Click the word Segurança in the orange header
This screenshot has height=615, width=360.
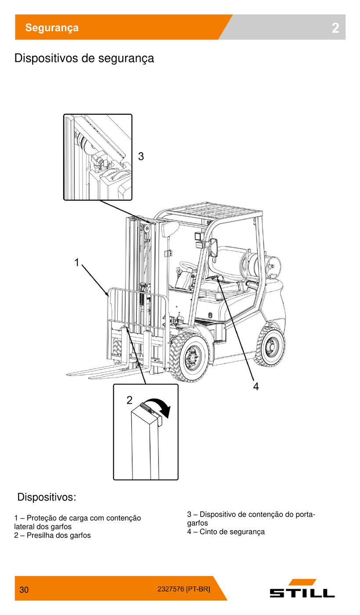[x=52, y=28]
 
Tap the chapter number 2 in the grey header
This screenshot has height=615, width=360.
[x=335, y=28]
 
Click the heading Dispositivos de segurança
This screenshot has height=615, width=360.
[x=84, y=58]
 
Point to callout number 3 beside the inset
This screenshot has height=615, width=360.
[x=141, y=156]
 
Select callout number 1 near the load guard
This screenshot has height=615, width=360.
[x=77, y=263]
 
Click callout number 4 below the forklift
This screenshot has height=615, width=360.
[x=256, y=386]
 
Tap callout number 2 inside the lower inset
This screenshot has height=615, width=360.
[x=130, y=400]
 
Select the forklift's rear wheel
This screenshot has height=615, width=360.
[x=270, y=347]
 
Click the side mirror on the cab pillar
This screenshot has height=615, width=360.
[x=214, y=247]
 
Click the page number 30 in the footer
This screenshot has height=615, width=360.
[x=24, y=590]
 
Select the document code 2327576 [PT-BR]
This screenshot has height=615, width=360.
[x=184, y=589]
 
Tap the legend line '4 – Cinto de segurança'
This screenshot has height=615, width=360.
[x=226, y=532]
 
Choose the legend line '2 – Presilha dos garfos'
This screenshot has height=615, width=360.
[x=52, y=535]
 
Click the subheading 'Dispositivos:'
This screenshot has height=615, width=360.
[x=47, y=497]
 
